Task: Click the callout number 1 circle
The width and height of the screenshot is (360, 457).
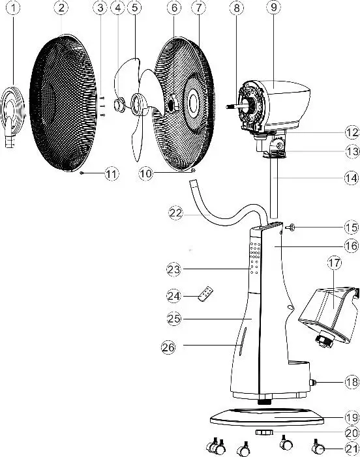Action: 8,8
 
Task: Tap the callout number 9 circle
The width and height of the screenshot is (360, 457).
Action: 273,8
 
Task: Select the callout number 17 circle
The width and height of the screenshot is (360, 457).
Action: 335,264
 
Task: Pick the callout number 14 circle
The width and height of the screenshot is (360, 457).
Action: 352,177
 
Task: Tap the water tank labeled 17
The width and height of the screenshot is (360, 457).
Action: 326,306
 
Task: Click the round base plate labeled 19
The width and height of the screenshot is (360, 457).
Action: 271,417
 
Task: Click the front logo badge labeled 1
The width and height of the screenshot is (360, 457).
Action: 10,114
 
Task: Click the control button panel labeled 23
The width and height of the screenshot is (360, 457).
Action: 254,261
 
